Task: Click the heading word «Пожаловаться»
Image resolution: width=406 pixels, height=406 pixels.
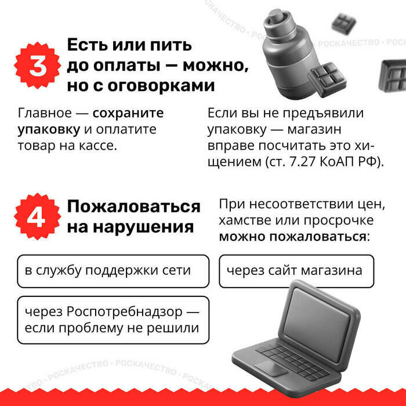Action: click(133, 206)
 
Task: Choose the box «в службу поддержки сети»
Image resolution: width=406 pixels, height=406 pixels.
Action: click(113, 271)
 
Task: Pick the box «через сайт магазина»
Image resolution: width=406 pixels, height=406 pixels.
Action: click(295, 271)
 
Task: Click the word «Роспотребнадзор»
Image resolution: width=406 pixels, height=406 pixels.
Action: click(125, 311)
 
